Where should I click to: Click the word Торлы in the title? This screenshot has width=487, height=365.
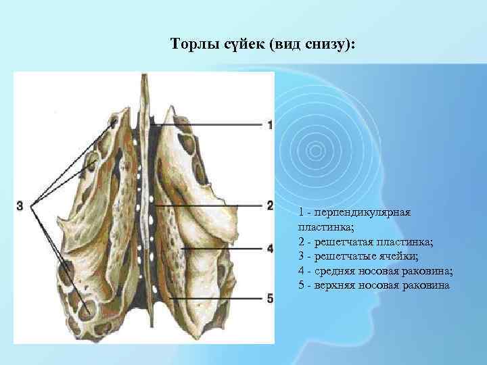192,45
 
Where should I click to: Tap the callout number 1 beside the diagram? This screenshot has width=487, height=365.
270,125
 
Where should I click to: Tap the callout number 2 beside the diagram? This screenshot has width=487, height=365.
270,205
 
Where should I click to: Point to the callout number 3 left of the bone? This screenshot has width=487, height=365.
20,205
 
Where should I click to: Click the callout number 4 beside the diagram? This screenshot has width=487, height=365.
270,249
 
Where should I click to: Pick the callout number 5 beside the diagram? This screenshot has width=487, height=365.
270,298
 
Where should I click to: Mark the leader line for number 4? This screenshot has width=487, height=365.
223,249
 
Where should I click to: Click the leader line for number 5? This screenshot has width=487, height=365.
216,298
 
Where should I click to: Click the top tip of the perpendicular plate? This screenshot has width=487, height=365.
143,76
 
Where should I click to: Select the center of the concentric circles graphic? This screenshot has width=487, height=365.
313,149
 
